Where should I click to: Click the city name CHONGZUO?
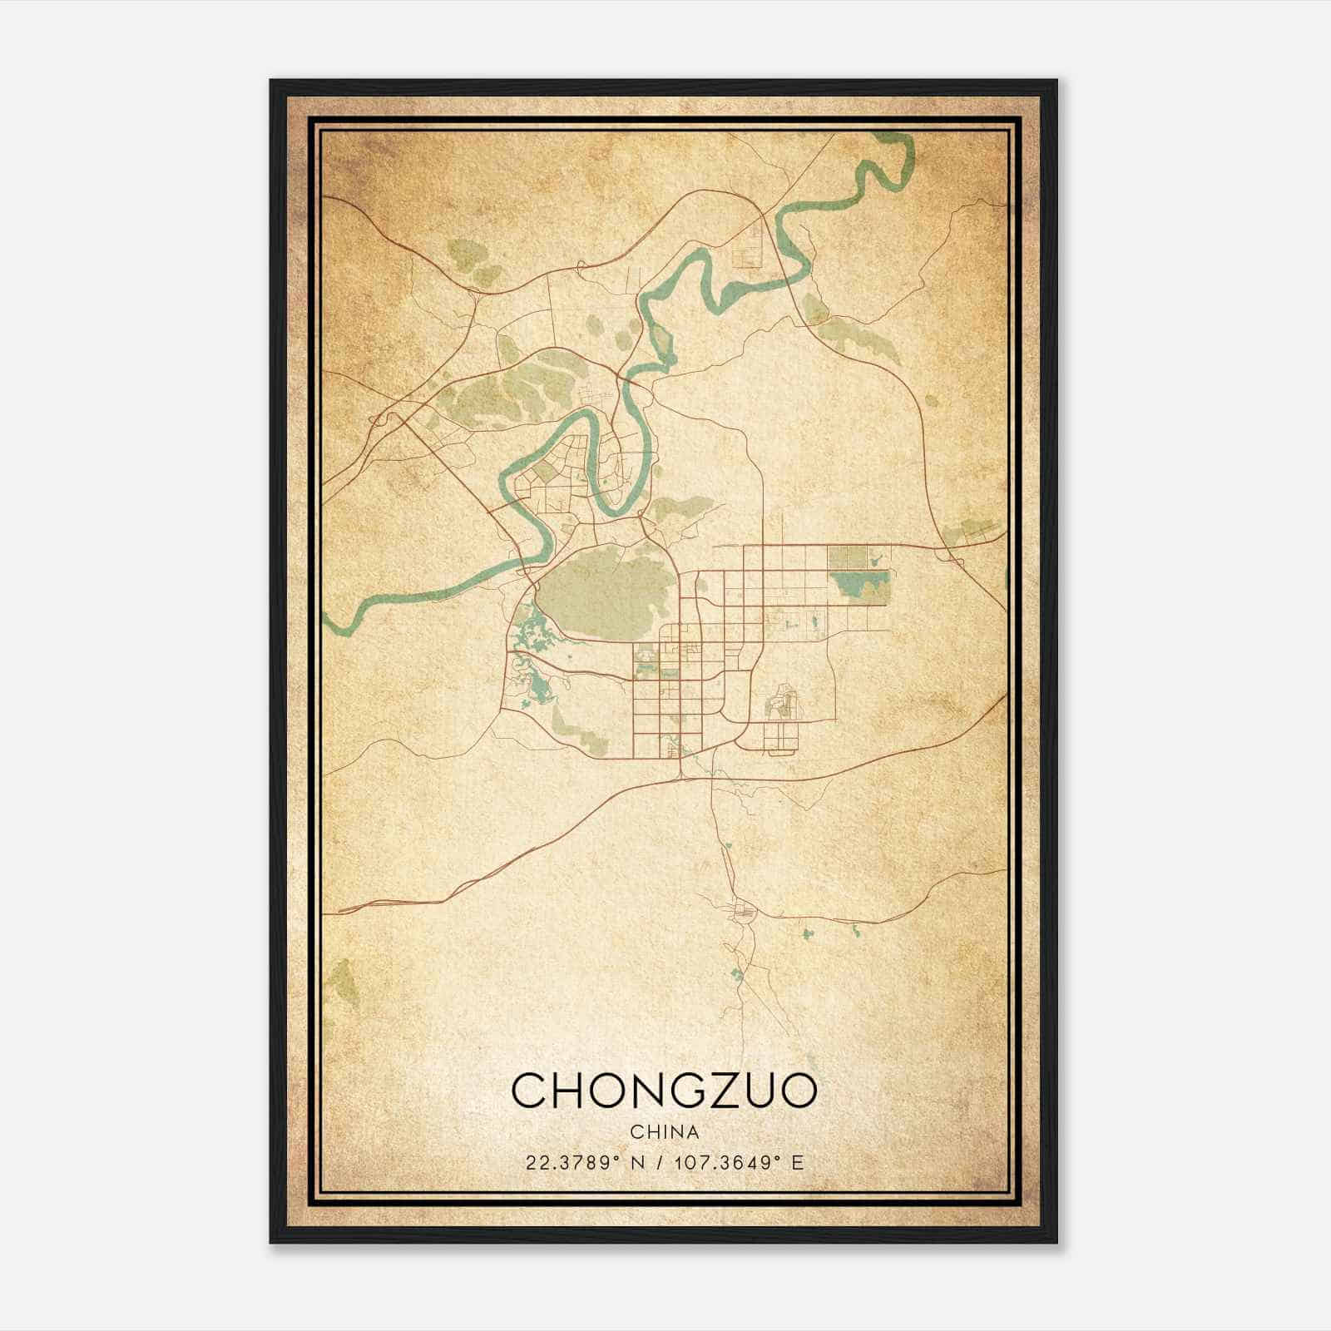(664, 1091)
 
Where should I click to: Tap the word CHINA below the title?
(664, 1132)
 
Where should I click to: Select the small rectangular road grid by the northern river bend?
(747, 247)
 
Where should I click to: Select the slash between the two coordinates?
(660, 1163)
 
